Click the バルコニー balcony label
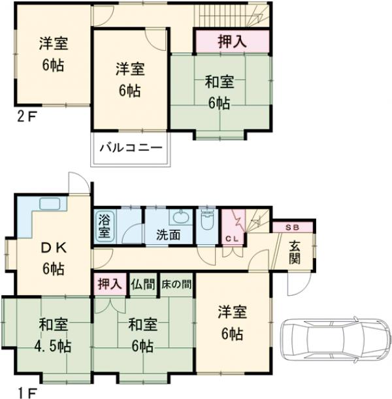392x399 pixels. (x=131, y=147)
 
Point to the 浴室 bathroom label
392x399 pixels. (x=105, y=226)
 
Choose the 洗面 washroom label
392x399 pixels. (x=168, y=235)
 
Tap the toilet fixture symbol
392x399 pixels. (x=207, y=219)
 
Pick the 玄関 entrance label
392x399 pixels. (x=295, y=253)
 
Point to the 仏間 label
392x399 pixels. (x=143, y=284)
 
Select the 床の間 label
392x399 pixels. (x=176, y=284)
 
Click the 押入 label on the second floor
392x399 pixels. (x=231, y=42)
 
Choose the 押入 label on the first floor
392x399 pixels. (x=109, y=284)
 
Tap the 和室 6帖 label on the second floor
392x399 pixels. (x=220, y=92)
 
